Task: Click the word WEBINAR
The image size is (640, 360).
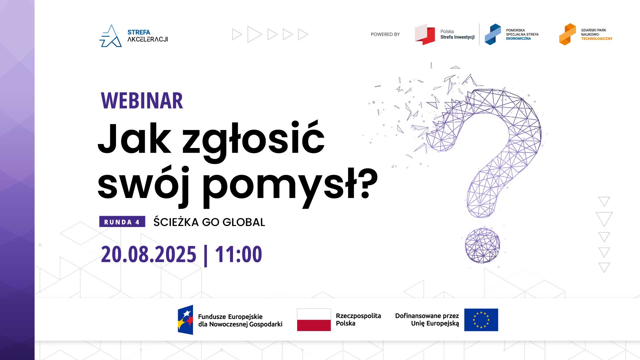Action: click(x=142, y=101)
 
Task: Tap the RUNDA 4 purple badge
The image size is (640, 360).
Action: click(x=122, y=222)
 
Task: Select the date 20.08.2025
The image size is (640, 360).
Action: click(x=149, y=254)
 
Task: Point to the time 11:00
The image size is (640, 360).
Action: click(x=239, y=254)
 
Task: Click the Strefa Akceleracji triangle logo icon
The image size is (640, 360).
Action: click(x=111, y=36)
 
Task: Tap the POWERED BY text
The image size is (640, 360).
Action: click(x=385, y=34)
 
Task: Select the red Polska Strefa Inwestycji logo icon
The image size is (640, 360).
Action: click(x=425, y=34)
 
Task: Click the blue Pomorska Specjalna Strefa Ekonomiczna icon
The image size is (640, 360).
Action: click(x=493, y=34)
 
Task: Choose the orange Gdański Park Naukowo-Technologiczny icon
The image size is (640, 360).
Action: click(x=567, y=34)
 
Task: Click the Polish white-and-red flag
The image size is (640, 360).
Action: click(x=314, y=320)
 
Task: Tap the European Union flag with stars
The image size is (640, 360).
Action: click(x=481, y=320)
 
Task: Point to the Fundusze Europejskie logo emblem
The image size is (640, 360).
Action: click(x=185, y=320)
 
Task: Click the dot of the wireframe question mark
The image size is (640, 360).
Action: click(x=482, y=245)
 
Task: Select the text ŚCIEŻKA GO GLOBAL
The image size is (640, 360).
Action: click(x=209, y=222)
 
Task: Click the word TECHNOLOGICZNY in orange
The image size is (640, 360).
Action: click(x=597, y=39)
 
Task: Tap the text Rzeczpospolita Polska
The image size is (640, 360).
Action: click(x=358, y=319)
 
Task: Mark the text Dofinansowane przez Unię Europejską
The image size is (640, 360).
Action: click(x=427, y=319)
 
